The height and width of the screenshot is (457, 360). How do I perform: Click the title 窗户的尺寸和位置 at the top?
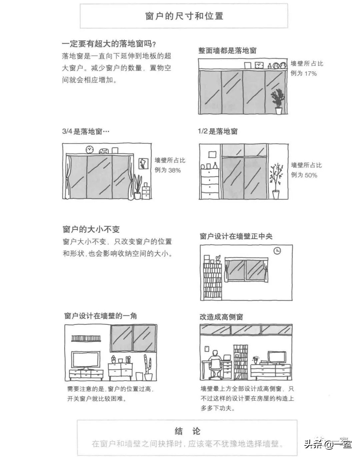(x=184, y=16)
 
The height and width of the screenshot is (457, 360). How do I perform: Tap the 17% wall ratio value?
(x=310, y=73)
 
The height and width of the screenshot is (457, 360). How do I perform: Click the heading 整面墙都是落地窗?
(x=227, y=51)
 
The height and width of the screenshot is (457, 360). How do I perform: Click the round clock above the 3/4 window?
(x=89, y=150)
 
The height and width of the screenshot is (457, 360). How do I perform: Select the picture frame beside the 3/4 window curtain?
(x=143, y=163)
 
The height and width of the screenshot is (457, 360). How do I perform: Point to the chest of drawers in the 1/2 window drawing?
(x=210, y=184)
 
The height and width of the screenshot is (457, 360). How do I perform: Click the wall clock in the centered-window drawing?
(x=277, y=251)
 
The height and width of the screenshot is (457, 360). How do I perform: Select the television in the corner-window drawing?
(x=86, y=361)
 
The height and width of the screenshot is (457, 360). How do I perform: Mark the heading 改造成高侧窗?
(x=221, y=317)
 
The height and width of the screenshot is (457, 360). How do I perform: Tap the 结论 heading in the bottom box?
(x=187, y=431)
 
